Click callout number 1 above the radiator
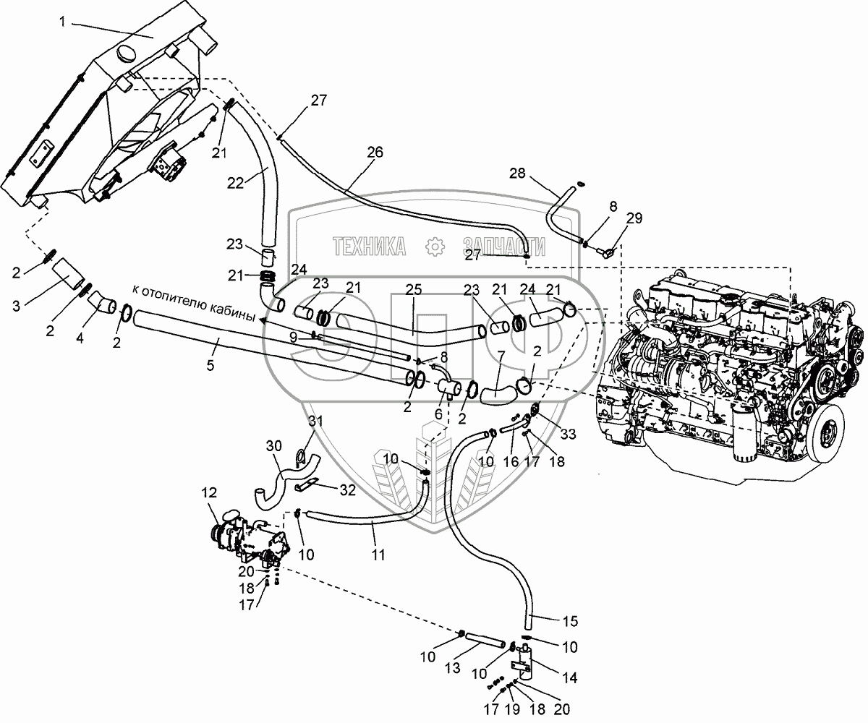point(63,22)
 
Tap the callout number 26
point(374,153)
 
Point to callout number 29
point(634,218)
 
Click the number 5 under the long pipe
point(210,366)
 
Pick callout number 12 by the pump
point(208,493)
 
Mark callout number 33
point(568,434)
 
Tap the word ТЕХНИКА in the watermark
point(369,247)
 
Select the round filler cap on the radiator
point(125,54)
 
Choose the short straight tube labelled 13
point(485,641)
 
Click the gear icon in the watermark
point(435,247)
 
